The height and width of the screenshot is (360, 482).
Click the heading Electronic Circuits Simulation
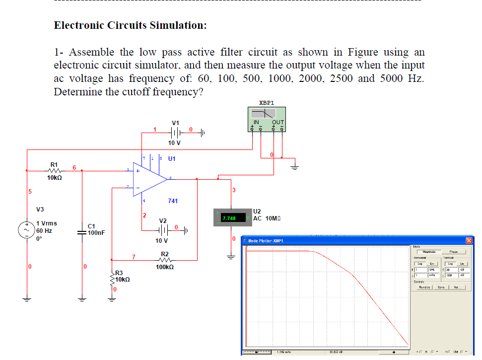[131, 25]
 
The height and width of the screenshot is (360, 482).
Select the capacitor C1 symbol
[82, 232]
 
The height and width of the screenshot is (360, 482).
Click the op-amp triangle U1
[150, 179]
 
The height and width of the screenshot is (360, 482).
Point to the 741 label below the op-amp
[173, 201]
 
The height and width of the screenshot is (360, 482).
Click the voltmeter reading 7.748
[229, 218]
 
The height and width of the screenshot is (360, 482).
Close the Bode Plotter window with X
[469, 240]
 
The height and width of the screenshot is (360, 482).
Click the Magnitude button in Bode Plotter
[426, 252]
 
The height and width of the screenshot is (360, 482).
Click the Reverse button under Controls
[423, 288]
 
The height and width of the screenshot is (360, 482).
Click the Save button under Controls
[439, 288]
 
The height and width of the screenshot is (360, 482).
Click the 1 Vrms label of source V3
[47, 223]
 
